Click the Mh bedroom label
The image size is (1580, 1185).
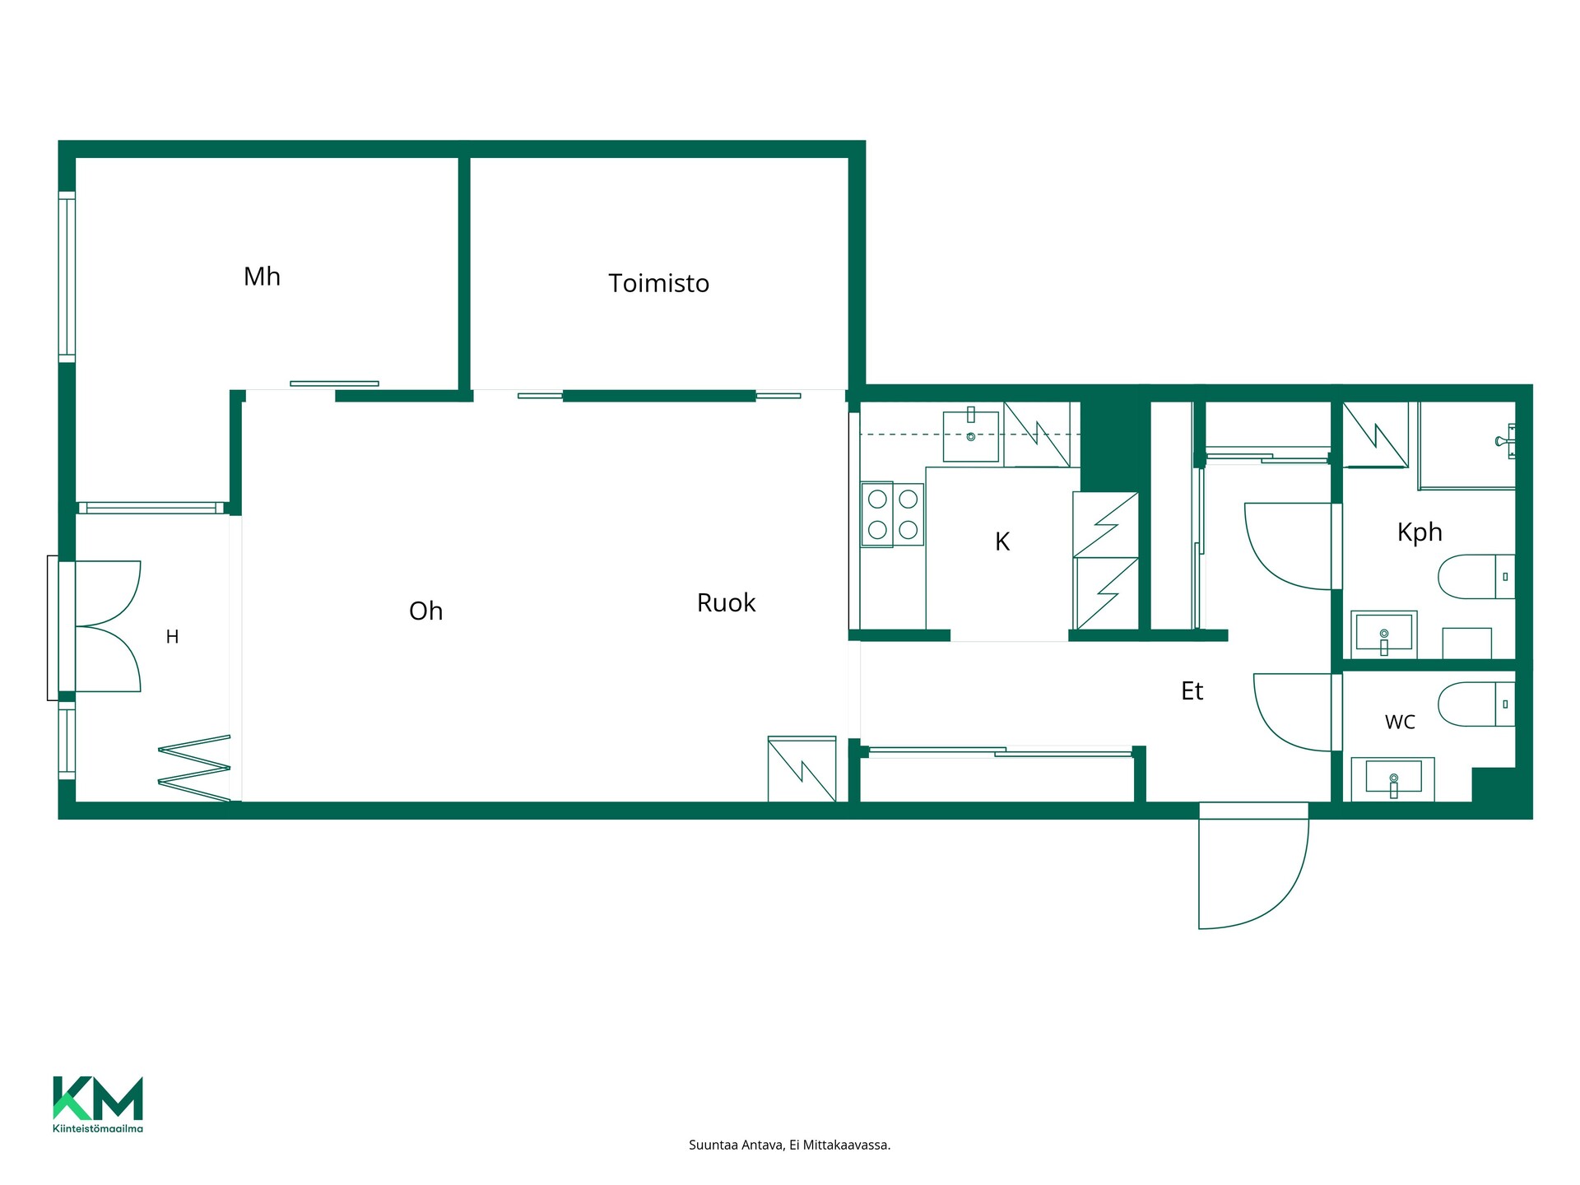click(x=262, y=276)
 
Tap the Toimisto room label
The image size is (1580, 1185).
click(x=658, y=283)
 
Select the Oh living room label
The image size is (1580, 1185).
click(x=425, y=611)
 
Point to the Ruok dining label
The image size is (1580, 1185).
click(x=726, y=602)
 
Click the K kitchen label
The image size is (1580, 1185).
click(x=1002, y=541)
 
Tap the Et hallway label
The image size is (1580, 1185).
click(x=1192, y=690)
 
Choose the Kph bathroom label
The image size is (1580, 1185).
click(x=1420, y=532)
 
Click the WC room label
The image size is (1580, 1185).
click(x=1400, y=723)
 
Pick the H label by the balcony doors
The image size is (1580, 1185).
click(x=172, y=636)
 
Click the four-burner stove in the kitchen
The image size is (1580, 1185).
click(x=893, y=514)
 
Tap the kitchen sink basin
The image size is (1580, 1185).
click(x=971, y=436)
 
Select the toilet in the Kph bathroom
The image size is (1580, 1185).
click(x=1476, y=576)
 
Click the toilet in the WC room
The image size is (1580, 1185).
click(x=1476, y=704)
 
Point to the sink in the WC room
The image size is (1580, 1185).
click(x=1392, y=778)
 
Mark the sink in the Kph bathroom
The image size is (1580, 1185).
click(x=1384, y=634)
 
